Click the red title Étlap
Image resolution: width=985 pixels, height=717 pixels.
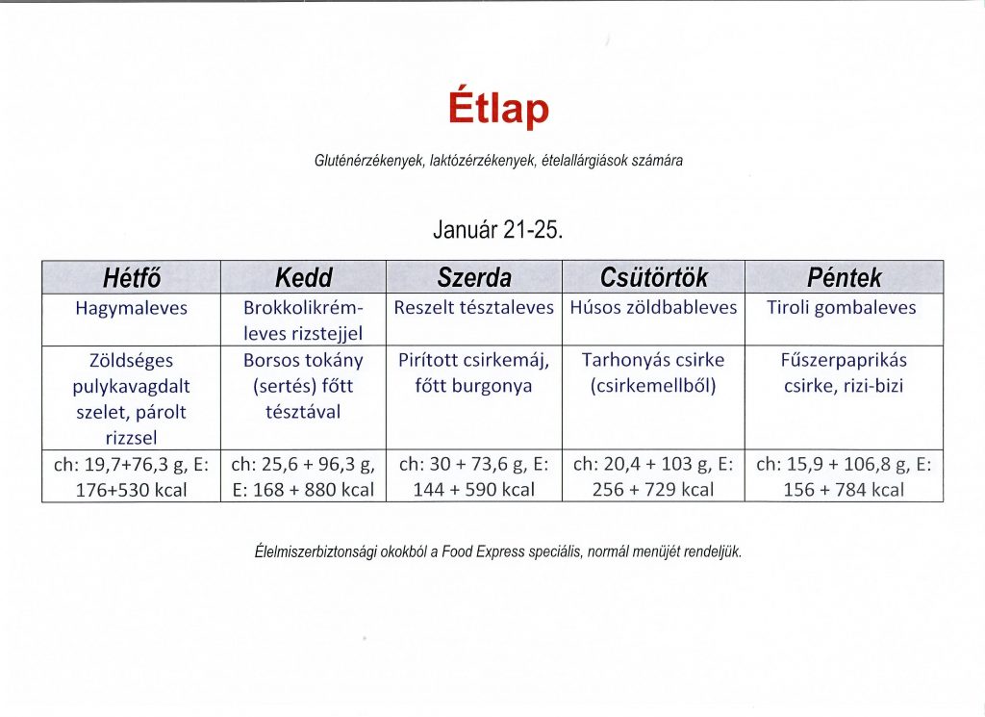point(499,108)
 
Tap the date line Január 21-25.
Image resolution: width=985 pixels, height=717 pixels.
point(497,230)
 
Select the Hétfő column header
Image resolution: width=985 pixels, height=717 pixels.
point(131,277)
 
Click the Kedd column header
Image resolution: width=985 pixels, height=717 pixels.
point(303,277)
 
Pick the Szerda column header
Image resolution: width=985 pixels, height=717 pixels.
point(474,277)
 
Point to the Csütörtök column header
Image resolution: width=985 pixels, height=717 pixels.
point(653,277)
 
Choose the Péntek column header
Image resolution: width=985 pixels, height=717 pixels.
point(844,277)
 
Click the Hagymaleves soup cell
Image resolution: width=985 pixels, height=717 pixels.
point(131,308)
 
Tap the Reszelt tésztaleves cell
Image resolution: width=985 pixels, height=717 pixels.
point(473,307)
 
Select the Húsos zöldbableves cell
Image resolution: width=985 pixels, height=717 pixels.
point(653,307)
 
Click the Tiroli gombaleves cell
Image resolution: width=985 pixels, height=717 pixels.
point(841,307)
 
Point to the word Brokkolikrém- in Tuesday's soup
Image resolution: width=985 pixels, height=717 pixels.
point(303,308)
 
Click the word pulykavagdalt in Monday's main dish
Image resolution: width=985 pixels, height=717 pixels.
point(131,386)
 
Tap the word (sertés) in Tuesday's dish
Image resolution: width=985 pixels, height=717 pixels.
point(284,385)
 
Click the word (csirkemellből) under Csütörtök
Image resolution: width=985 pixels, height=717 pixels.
point(653,385)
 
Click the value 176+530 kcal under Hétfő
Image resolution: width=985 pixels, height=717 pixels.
point(131,490)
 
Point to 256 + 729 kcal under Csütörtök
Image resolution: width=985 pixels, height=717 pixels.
point(653,490)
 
